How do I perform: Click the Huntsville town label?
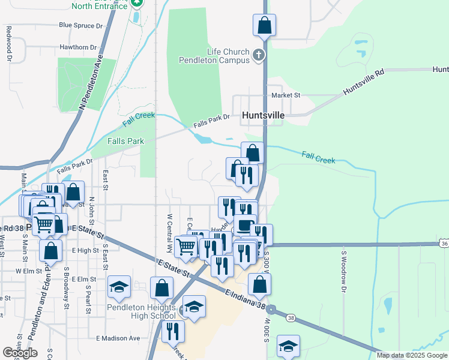click(x=263, y=115)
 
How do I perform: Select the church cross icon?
click(x=259, y=56)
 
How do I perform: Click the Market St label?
click(x=285, y=95)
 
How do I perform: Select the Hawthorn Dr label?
click(x=78, y=47)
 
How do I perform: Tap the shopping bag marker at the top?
click(x=264, y=25)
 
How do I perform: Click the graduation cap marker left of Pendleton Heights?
click(x=119, y=286)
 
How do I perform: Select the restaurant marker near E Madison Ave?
click(x=173, y=331)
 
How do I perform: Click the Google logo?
click(x=20, y=352)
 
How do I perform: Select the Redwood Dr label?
click(x=9, y=43)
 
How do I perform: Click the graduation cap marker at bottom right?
click(x=288, y=346)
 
